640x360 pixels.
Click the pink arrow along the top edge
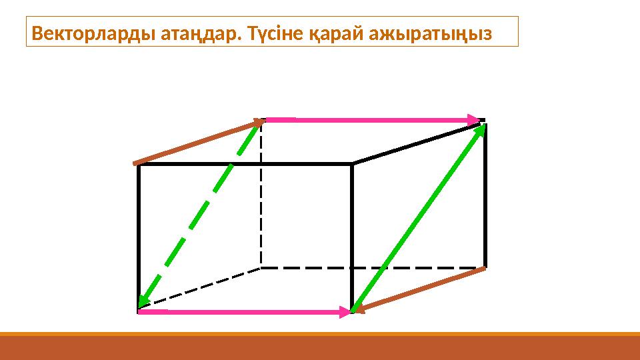[x=373, y=120]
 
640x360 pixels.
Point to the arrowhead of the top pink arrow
[x=475, y=120]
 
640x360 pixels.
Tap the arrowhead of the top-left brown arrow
[x=257, y=122]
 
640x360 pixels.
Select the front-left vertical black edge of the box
[x=139, y=237]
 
